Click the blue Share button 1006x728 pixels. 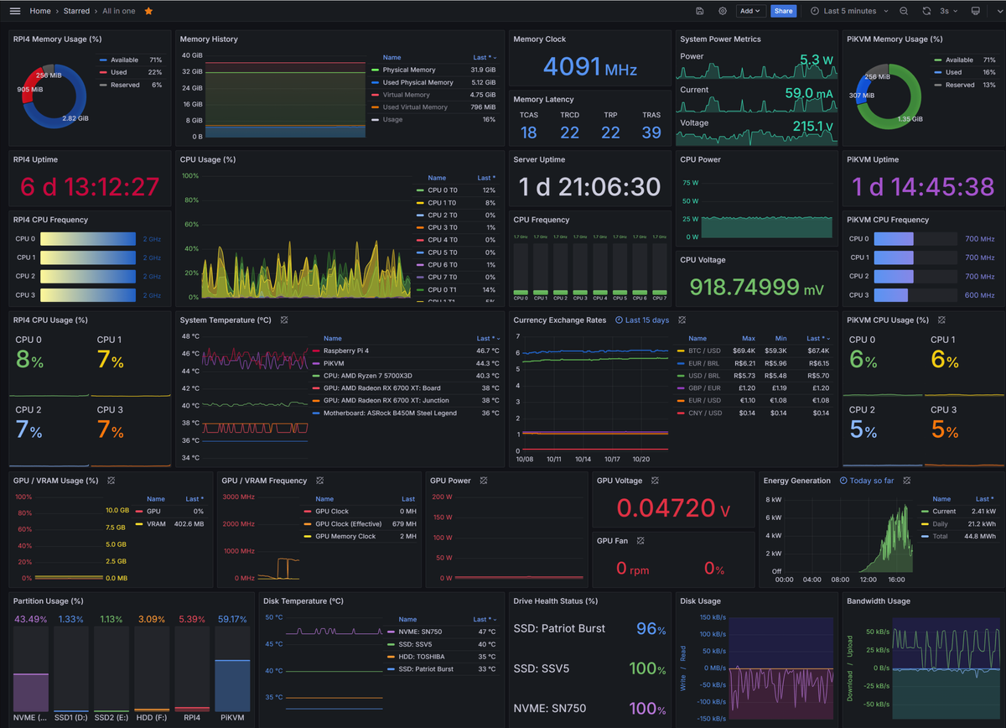[783, 11]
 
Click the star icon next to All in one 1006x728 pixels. [148, 11]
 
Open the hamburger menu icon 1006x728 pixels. [14, 11]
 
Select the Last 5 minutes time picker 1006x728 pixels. [849, 11]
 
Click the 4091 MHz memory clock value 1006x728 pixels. [590, 67]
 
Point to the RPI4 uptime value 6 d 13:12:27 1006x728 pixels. [90, 186]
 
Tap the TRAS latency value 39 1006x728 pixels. [651, 133]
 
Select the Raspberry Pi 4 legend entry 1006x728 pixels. [345, 351]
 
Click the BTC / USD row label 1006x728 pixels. [703, 351]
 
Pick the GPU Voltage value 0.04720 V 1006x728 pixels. [673, 507]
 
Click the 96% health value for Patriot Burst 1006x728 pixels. [651, 629]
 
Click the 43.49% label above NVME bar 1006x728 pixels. [30, 619]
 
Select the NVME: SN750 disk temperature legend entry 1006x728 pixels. [421, 632]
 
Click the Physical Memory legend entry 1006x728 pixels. [408, 70]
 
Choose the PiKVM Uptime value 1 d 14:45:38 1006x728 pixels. [923, 186]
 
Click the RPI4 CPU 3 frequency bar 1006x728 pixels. [87, 295]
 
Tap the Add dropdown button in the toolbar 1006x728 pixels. [749, 11]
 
